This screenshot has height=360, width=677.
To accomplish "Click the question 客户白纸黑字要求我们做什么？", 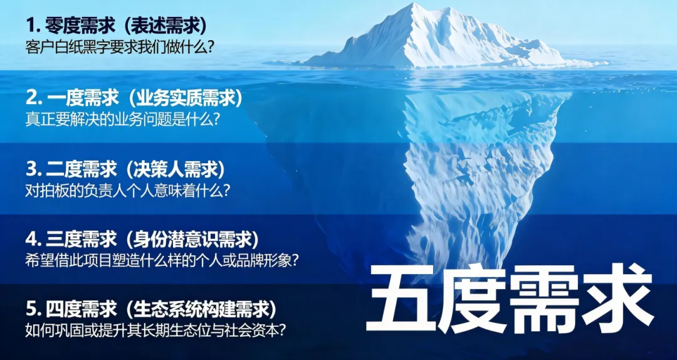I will tap(117, 47).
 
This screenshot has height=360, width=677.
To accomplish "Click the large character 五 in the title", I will tap(401, 299).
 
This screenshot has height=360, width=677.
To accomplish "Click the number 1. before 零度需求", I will tap(33, 26).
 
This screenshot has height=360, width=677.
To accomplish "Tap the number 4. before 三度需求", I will tap(34, 239).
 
